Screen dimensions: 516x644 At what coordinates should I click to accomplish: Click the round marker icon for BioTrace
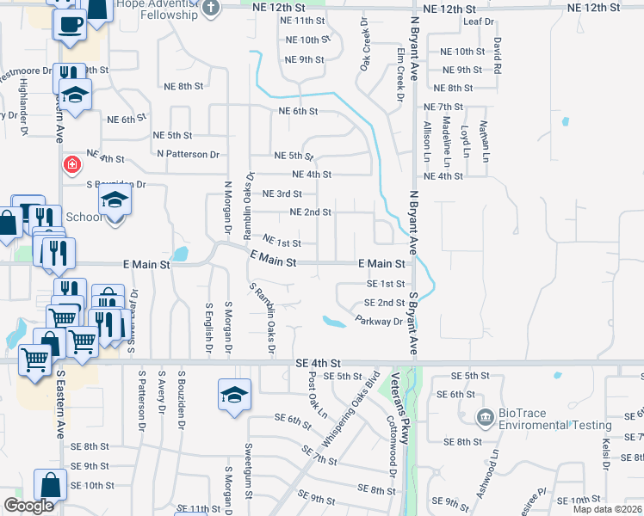tap(485, 419)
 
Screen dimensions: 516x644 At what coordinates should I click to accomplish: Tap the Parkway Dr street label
tap(379, 321)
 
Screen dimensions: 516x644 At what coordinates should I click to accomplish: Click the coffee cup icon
tap(70, 23)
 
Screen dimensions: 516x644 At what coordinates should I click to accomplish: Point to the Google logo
tap(28, 506)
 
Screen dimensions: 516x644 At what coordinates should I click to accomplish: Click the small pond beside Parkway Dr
tap(333, 322)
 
